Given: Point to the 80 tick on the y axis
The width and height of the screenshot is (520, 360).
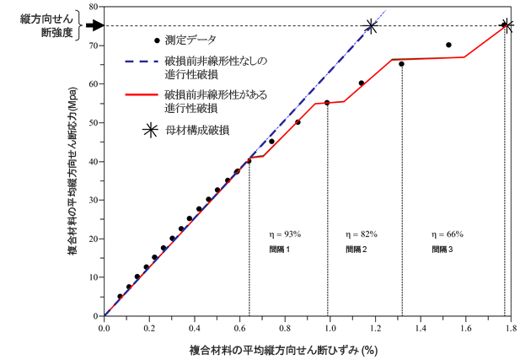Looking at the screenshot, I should (x=103, y=7).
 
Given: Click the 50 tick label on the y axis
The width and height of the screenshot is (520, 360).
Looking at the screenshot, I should (x=93, y=122).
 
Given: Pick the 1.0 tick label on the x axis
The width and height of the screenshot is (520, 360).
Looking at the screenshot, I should (x=327, y=327).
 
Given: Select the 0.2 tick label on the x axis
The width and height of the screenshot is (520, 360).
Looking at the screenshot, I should (x=149, y=327).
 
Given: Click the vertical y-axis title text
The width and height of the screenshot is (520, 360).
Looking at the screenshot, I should (x=74, y=160).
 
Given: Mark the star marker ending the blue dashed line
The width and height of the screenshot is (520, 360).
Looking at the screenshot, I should (x=371, y=27).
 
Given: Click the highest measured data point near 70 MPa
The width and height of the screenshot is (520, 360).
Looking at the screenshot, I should (x=448, y=45).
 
